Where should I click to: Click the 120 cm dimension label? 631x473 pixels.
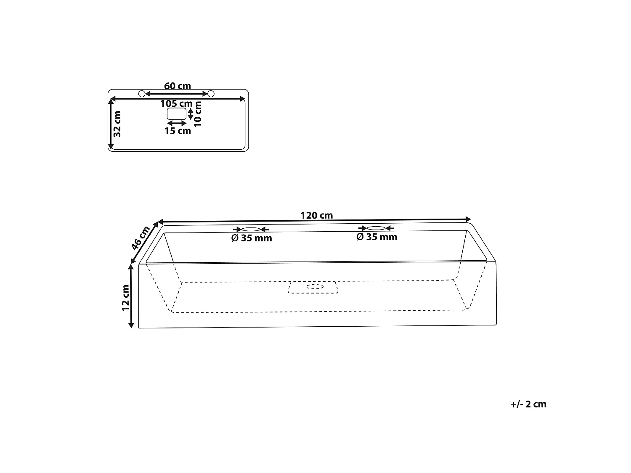click(316, 215)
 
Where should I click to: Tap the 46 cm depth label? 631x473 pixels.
click(140, 238)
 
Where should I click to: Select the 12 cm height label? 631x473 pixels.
click(125, 298)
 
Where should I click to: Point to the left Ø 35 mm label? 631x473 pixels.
click(252, 238)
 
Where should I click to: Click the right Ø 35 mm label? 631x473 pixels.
click(377, 237)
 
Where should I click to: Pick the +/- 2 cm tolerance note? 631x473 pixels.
click(528, 404)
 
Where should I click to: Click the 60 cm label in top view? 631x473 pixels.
click(178, 86)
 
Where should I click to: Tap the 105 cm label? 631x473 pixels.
click(176, 103)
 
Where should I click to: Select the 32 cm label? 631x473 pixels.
click(117, 124)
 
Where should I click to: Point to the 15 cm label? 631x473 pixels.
click(178, 131)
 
